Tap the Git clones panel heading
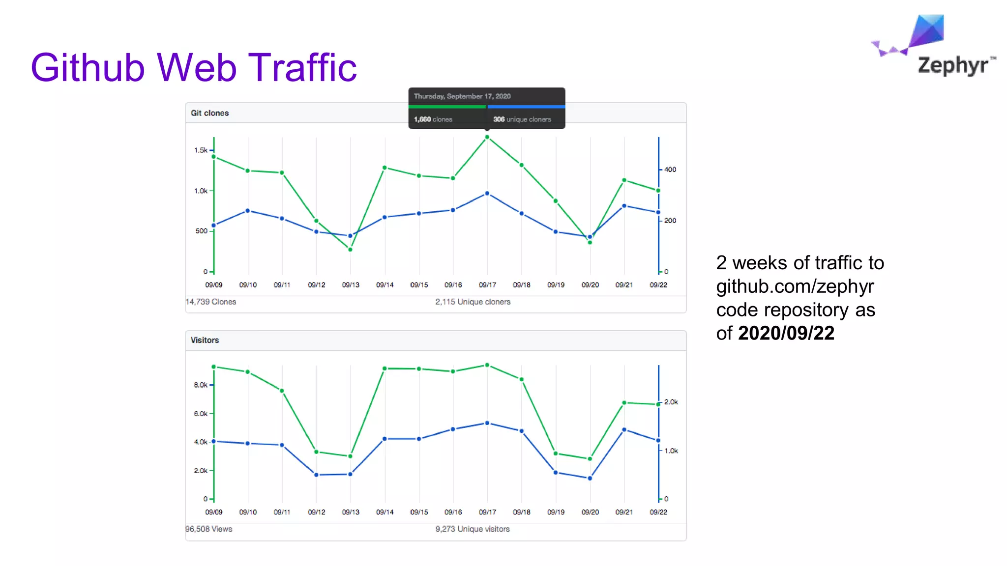point(209,113)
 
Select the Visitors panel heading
point(205,340)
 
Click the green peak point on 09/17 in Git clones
point(487,137)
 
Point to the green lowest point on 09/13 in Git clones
point(350,250)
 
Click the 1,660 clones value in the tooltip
point(433,119)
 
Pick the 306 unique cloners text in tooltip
point(522,119)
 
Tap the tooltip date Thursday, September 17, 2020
point(462,96)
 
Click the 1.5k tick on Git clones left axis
point(201,150)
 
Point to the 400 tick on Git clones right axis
point(670,170)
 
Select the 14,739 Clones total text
point(210,302)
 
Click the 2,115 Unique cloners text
point(473,302)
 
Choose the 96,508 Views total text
point(208,529)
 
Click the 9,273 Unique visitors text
point(472,529)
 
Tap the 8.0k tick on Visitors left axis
point(201,385)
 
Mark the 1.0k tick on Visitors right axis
point(671,451)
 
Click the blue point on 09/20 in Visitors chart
point(590,478)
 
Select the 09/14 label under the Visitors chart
point(385,512)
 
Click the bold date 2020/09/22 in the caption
point(786,333)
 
